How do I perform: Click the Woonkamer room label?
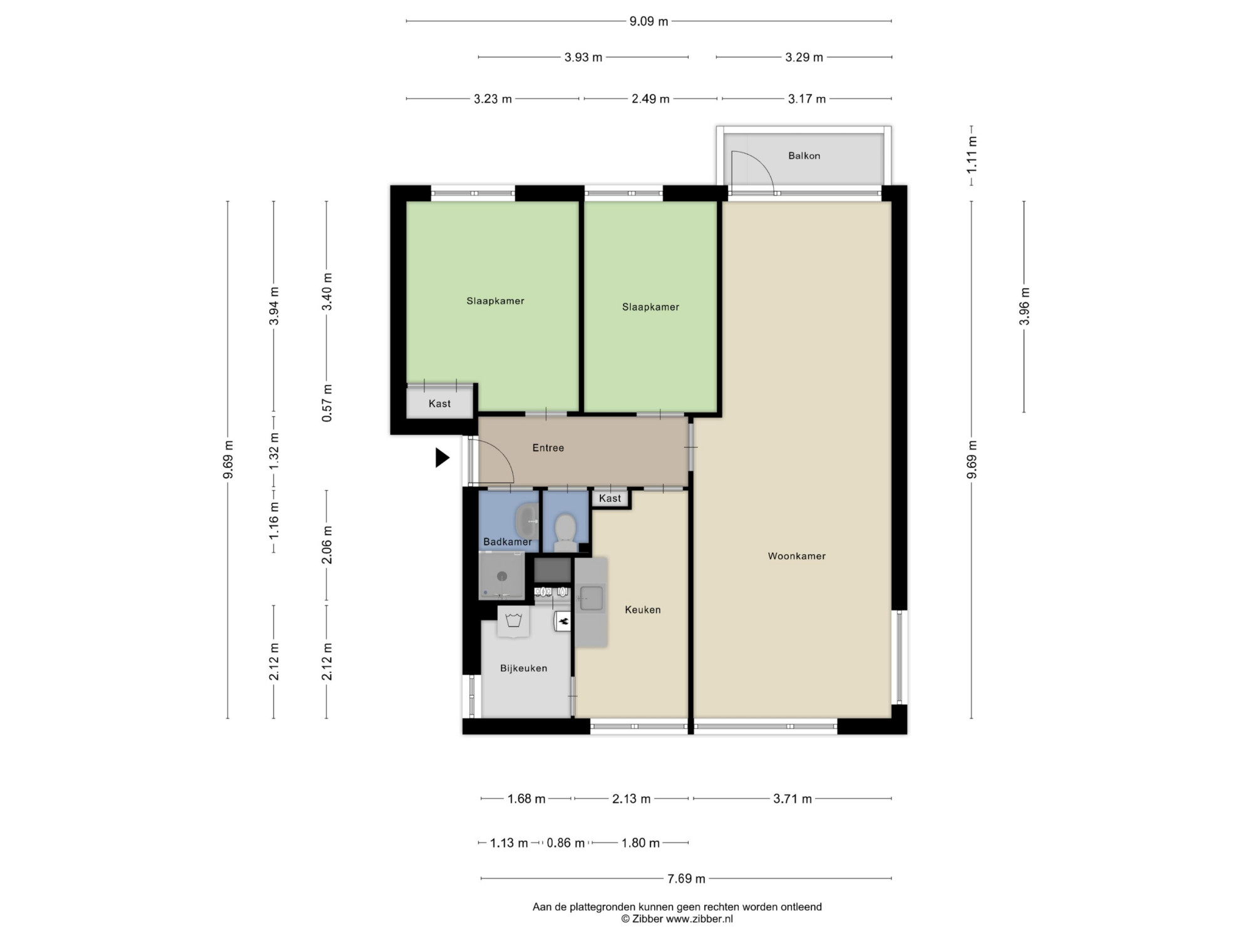coord(796,556)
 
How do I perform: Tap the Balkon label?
coord(804,156)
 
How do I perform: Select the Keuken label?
coord(643,610)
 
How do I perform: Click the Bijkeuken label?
coord(523,669)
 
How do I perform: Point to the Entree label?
coord(548,448)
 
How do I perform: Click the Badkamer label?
coord(508,542)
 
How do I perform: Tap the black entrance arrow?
coord(443,458)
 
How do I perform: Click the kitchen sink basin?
coord(591,598)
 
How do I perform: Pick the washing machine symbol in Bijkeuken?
coord(514,622)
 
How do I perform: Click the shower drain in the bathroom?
coord(501,577)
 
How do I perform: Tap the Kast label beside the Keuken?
coord(610,498)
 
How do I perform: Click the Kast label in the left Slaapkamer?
coord(439,404)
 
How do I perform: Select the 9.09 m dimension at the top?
coord(649,21)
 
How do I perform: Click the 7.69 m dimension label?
coord(686,879)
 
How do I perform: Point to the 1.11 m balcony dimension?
coord(972,155)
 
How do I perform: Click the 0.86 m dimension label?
coord(565,843)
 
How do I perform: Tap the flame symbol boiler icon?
coord(563,621)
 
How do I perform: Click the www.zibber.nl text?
coord(699,919)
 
